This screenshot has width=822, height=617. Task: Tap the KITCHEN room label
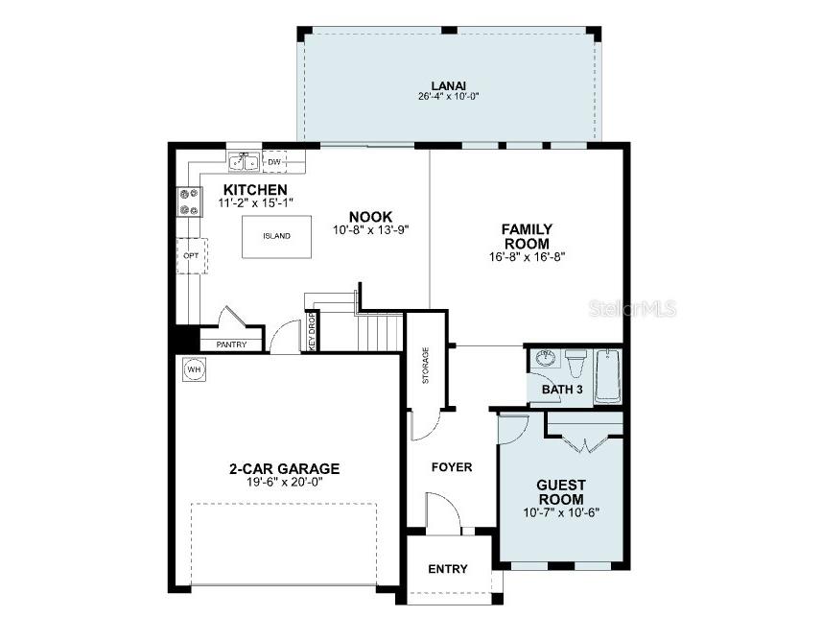pos(255,189)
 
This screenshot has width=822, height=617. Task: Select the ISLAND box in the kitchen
pos(276,235)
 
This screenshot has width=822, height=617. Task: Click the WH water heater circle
pos(194,369)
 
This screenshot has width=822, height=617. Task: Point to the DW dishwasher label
pos(273,162)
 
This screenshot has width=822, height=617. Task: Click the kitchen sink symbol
pos(243,162)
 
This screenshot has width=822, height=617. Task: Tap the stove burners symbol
pos(189,201)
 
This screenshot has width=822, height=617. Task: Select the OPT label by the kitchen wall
pos(190,256)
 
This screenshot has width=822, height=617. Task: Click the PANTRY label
pos(231,344)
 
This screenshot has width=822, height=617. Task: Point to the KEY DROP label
pos(312,331)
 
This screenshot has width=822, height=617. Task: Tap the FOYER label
pos(452,467)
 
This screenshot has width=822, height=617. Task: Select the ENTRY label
pos(448,569)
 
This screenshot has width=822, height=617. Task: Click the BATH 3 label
pos(562,390)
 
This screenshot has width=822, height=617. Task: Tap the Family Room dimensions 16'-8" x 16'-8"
pos(528,256)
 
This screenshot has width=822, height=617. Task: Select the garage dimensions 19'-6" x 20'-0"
pos(284,482)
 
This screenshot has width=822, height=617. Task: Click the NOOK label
pos(370,217)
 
